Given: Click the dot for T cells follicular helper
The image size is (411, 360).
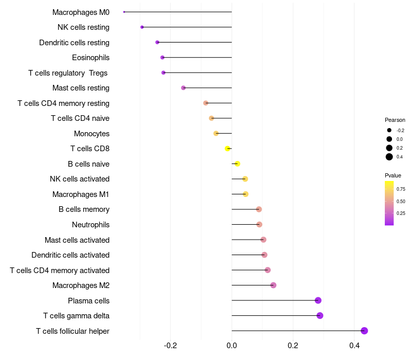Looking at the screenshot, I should click(364, 331).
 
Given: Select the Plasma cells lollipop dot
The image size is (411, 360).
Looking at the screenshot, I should click(318, 300).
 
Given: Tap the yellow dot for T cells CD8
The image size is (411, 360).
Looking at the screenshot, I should click(228, 149).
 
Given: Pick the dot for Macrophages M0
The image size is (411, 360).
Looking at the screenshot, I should click(124, 12).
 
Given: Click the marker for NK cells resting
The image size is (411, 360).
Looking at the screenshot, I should click(142, 27).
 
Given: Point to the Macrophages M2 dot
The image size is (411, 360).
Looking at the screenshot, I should click(273, 285).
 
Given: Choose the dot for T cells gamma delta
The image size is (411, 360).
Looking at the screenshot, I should click(320, 316).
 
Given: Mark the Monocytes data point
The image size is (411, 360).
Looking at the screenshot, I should click(216, 133).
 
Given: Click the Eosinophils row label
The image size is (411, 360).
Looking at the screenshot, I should click(90, 58).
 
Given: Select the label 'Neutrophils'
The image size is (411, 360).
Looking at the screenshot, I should click(90, 225).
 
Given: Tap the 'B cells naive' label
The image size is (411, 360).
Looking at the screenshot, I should click(88, 164).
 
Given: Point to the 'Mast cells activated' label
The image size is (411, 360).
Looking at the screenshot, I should click(77, 240).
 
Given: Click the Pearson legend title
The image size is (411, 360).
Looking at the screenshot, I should click(395, 120).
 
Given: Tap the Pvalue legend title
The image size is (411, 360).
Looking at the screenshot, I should click(393, 175).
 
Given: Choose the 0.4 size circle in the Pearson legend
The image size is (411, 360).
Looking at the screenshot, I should click(389, 157).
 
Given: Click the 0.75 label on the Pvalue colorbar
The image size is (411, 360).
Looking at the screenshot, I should click(401, 189).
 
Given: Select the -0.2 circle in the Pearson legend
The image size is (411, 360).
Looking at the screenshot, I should click(389, 130).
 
